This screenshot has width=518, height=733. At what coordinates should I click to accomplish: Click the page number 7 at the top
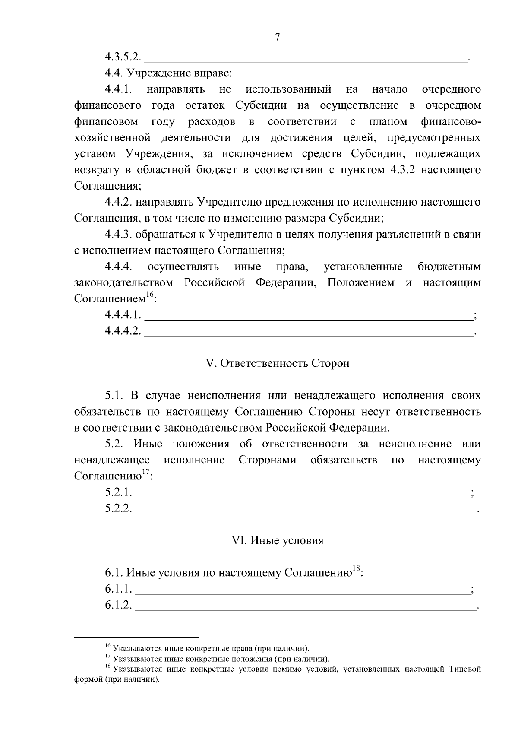pyautogui.click(x=278, y=38)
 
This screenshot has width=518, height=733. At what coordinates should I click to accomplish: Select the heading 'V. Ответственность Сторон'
pyautogui.click(x=278, y=364)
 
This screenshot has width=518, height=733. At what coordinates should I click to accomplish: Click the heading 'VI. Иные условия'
pyautogui.click(x=278, y=540)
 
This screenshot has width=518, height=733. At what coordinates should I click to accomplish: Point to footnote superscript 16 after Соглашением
pyautogui.click(x=149, y=295)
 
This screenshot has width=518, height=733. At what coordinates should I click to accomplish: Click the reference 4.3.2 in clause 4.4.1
pyautogui.click(x=403, y=170)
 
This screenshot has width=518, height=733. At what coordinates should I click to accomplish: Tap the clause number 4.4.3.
pyautogui.click(x=118, y=235)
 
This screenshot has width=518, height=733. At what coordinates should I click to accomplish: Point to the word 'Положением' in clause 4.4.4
pyautogui.click(x=360, y=283)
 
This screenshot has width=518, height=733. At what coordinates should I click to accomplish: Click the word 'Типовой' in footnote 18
pyautogui.click(x=464, y=670)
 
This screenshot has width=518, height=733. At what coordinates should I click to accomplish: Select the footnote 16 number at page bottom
pyautogui.click(x=108, y=646)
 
